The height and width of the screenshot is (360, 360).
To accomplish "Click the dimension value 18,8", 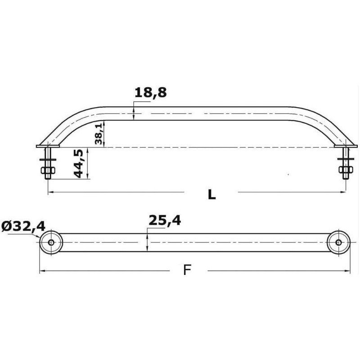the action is [151, 93].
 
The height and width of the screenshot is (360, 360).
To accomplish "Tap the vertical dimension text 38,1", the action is [99, 134].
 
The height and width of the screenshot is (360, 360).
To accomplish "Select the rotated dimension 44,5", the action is [78, 163].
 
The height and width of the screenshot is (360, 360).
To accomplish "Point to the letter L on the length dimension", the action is [211, 195].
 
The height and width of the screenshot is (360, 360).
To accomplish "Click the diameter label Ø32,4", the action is [23, 226].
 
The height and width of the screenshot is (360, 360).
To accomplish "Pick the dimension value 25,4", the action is [165, 220].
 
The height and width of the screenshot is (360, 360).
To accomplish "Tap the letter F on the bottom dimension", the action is [187, 270].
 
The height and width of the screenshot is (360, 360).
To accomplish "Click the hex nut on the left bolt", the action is [48, 171].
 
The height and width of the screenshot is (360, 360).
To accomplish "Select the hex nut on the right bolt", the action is [346, 170].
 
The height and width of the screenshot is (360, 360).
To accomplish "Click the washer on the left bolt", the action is [48, 159].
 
